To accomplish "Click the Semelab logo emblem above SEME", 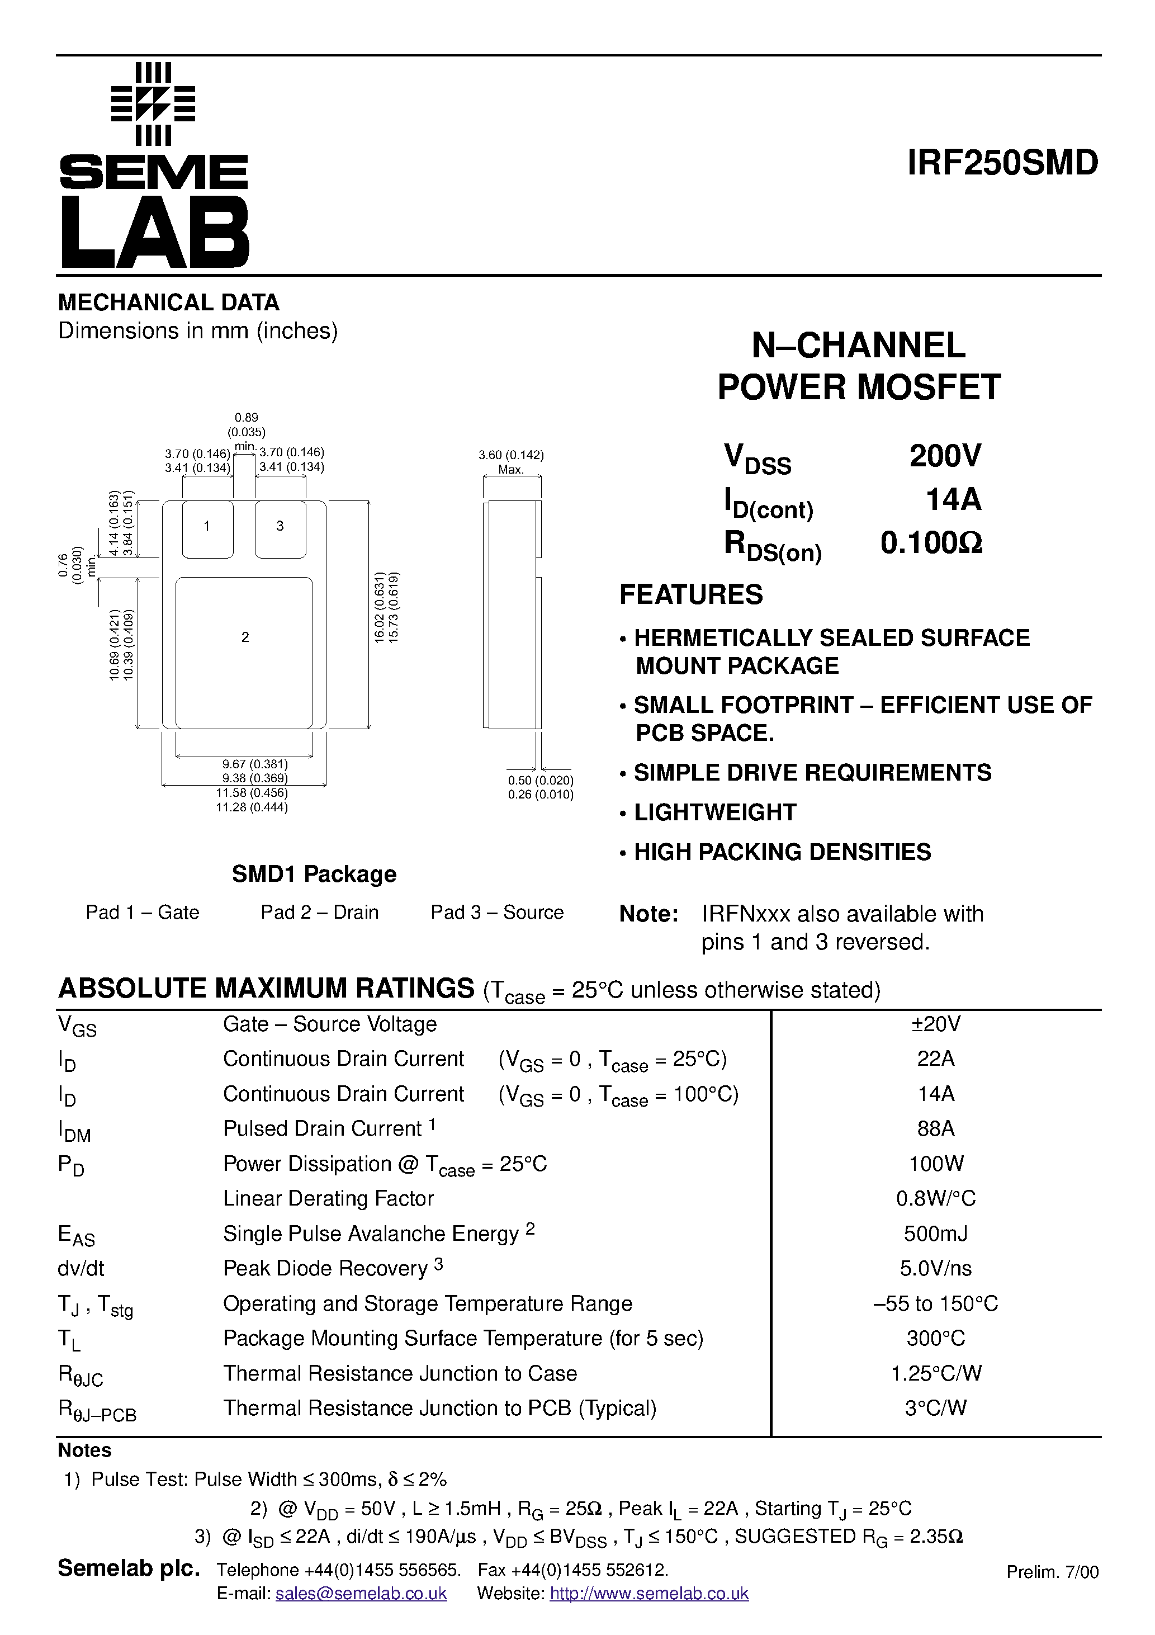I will [153, 104].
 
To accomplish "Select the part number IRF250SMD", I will [1002, 163].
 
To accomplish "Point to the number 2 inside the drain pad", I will [245, 637].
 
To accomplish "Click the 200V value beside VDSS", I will [946, 456].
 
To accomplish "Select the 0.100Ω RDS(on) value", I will [931, 544].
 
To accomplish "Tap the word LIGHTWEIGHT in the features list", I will [715, 812].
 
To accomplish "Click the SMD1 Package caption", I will [314, 874].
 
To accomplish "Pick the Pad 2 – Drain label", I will [319, 912].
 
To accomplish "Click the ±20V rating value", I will [936, 1024].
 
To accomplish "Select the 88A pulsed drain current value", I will [936, 1129].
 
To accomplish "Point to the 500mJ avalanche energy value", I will [936, 1234].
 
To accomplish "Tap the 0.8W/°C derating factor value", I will [936, 1198].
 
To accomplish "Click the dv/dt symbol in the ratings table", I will [81, 1268].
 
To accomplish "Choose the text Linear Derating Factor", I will [328, 1198].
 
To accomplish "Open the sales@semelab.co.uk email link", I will [361, 1594].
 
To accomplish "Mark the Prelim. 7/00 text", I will [1052, 1572].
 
